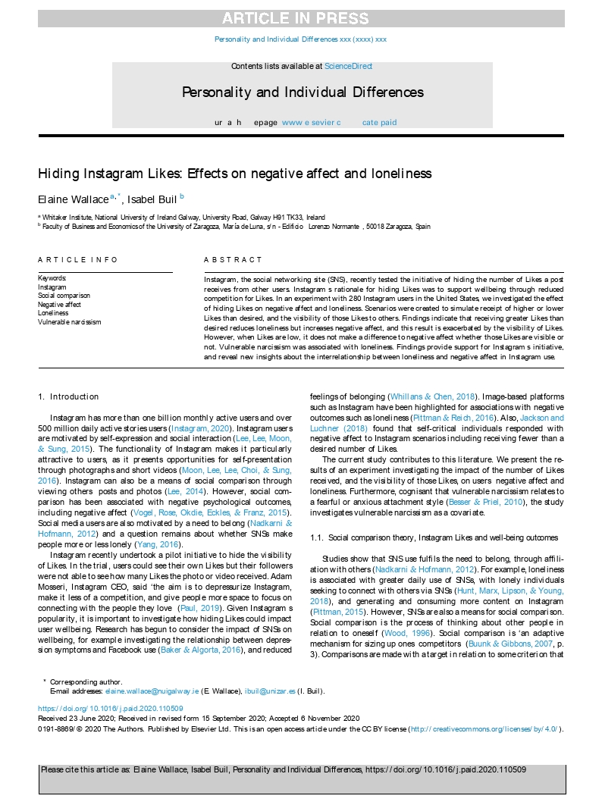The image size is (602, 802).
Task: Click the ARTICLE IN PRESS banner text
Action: (301, 19)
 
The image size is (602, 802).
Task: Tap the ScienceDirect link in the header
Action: (348, 67)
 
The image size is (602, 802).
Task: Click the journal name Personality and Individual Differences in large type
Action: (303, 92)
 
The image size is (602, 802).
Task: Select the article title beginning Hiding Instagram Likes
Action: (235, 174)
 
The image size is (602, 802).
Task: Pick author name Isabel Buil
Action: (152, 199)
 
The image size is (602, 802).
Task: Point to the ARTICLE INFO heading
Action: (78, 259)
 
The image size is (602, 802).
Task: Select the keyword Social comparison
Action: (64, 296)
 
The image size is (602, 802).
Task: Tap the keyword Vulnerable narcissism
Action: (69, 322)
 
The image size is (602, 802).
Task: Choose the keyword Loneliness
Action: (53, 313)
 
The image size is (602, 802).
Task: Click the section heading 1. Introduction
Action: (68, 396)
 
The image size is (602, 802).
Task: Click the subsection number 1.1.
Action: (318, 537)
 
